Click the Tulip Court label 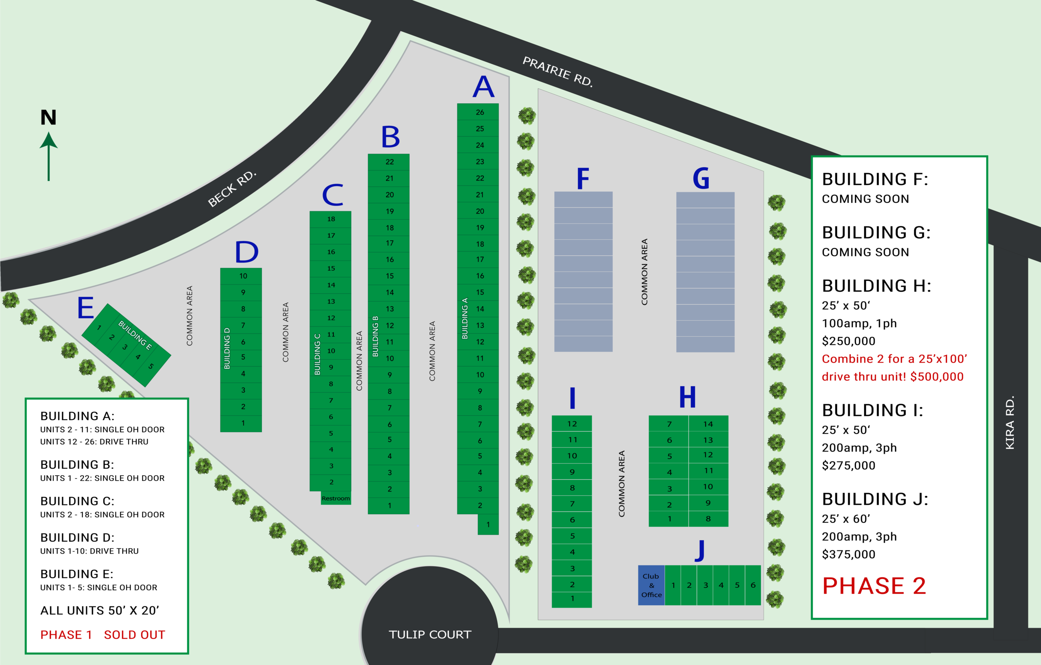coord(430,635)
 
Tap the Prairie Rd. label coord(558,71)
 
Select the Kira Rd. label coord(1010,422)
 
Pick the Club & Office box coord(651,585)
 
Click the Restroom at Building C coord(335,498)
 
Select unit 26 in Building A coord(479,112)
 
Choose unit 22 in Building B coord(390,162)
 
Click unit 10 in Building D coord(243,276)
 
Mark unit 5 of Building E coord(151,366)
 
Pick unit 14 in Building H coord(708,424)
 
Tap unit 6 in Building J coord(753,585)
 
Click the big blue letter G coord(701,178)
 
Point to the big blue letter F coord(583,178)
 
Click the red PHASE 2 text coord(874,586)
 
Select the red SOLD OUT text coord(135,635)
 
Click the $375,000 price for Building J coord(848,554)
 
